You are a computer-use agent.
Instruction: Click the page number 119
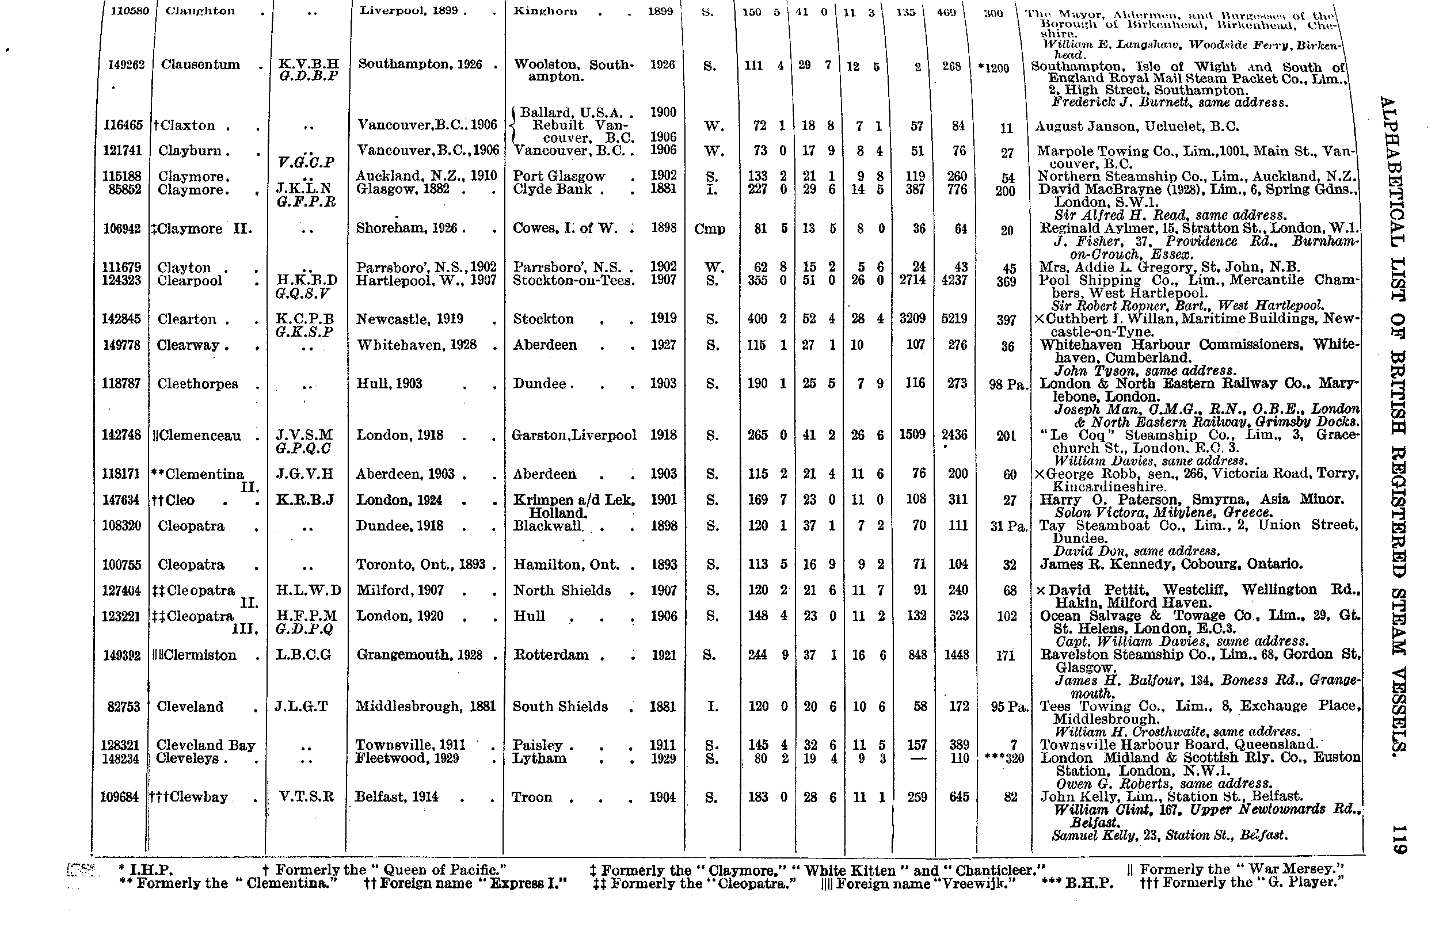[x=1399, y=840]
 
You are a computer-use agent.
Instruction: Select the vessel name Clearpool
[x=189, y=281]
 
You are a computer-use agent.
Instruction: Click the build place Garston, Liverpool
[x=574, y=435]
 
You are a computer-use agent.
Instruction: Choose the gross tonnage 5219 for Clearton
[x=955, y=319]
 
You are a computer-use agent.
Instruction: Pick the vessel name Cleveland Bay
[x=205, y=745]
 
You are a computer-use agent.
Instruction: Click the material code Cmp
[x=709, y=229]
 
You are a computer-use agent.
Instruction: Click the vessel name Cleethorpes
[x=197, y=384]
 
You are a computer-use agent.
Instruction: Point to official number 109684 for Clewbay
[x=120, y=798]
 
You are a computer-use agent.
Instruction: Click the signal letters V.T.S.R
[x=307, y=797]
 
